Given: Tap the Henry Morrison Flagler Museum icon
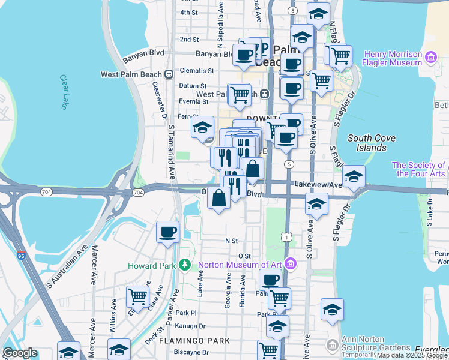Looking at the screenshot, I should click(430, 58).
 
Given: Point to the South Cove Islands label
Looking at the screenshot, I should click(372, 143).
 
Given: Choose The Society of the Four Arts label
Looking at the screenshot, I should click(418, 169).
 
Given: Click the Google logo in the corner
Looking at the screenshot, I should click(19, 353).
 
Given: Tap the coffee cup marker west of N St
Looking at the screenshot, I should click(167, 232).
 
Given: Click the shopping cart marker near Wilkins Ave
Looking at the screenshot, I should click(138, 296).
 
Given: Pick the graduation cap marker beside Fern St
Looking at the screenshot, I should click(203, 128).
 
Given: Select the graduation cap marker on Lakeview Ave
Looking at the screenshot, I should click(354, 176).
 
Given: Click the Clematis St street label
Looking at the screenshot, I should click(197, 70).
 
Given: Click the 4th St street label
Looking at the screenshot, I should click(188, 12).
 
